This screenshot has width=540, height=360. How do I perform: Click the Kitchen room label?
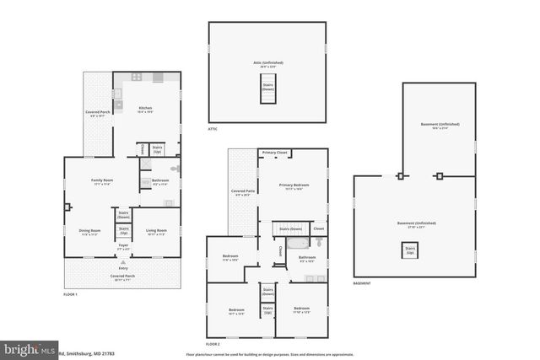tap(145, 109)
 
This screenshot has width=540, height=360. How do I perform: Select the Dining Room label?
tap(89, 231)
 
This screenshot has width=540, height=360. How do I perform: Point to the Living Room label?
tap(156, 231)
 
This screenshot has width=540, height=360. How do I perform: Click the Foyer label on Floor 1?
tap(123, 248)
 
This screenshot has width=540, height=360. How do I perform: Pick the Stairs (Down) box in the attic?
tap(268, 87)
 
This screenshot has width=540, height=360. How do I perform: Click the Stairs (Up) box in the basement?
tap(411, 250)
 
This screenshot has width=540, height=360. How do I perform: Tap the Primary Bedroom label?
tap(294, 185)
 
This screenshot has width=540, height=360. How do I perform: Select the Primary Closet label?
tap(275, 153)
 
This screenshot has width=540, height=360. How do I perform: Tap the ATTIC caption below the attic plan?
tap(213, 129)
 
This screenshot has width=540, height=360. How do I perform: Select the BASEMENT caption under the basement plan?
tap(362, 283)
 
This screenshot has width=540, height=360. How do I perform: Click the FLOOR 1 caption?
tap(70, 294)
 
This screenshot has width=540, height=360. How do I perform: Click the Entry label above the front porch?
tap(123, 266)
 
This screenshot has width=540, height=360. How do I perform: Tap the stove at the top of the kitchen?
tap(159, 78)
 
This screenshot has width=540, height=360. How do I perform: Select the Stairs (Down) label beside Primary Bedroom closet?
tap(291, 228)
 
